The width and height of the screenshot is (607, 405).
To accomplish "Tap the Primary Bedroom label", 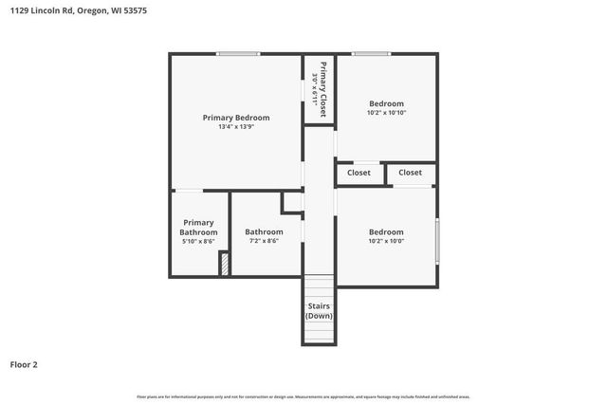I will click(x=236, y=118).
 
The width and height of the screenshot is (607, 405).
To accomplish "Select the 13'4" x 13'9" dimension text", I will click(x=236, y=127).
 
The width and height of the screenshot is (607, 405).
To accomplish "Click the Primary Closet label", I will click(x=323, y=88).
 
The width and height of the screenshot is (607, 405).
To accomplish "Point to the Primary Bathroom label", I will click(x=198, y=228).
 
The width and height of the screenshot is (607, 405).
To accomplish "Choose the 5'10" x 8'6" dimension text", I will click(x=198, y=242).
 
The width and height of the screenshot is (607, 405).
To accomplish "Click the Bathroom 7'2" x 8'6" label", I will click(x=264, y=232).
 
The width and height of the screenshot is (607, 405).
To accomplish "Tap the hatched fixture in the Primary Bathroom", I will click(x=225, y=264).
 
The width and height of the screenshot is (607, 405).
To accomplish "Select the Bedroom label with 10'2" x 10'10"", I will click(x=386, y=103).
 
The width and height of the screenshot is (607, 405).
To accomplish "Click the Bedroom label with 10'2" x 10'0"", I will click(x=386, y=231).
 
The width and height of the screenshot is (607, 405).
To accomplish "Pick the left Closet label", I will click(x=359, y=173).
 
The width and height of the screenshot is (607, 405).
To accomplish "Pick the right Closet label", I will click(x=410, y=173).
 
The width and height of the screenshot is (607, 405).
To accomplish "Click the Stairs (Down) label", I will click(x=319, y=310).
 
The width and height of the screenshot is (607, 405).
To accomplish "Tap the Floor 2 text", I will click(x=24, y=364).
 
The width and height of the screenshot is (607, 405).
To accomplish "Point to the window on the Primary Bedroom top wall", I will click(x=238, y=54).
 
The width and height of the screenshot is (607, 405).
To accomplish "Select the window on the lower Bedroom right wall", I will click(x=436, y=242).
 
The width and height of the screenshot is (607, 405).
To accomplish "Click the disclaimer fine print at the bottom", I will click(x=303, y=396).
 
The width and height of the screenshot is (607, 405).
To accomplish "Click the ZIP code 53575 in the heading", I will click(x=134, y=10).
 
